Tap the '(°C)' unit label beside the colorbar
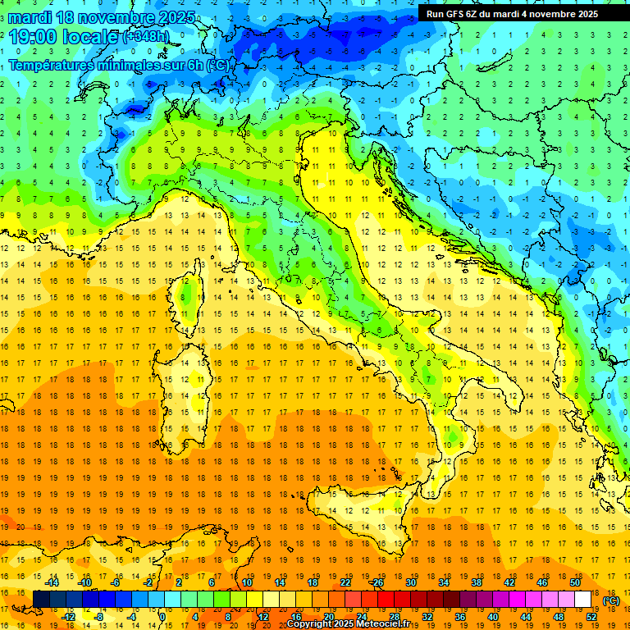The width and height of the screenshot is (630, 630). tap(611, 600)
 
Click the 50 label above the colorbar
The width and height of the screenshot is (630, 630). tap(575, 582)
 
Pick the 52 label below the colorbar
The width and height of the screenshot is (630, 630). tap(591, 617)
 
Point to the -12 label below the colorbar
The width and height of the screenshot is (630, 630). tap(68, 617)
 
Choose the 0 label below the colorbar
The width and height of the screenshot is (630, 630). tap(162, 617)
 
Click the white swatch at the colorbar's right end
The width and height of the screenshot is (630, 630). tap(583, 600)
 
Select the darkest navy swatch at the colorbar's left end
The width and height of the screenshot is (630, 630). tap(41, 600)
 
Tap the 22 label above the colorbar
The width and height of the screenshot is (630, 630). tap(345, 582)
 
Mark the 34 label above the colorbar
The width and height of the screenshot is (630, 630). tap(444, 582)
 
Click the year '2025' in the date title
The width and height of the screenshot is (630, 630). tap(176, 17)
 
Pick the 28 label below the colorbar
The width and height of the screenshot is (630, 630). tap(395, 617)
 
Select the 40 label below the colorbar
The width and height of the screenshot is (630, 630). tap(493, 617)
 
